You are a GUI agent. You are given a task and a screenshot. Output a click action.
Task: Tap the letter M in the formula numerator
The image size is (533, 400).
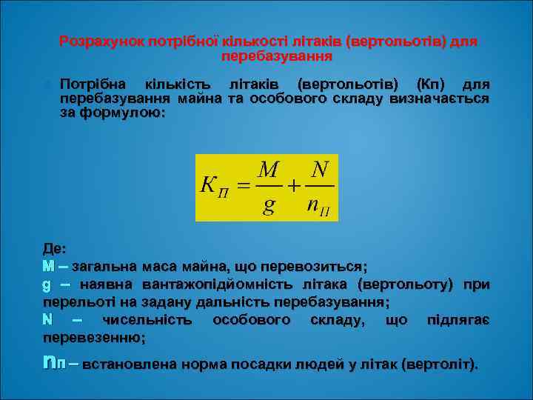click(x=269, y=170)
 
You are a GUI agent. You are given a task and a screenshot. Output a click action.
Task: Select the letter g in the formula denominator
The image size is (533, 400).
click(x=269, y=204)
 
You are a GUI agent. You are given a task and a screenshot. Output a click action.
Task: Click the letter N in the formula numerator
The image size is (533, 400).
click(x=320, y=170)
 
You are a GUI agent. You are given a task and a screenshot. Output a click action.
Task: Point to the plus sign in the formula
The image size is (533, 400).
click(x=294, y=187)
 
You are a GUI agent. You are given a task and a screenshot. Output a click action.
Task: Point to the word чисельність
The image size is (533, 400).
click(x=147, y=320)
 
